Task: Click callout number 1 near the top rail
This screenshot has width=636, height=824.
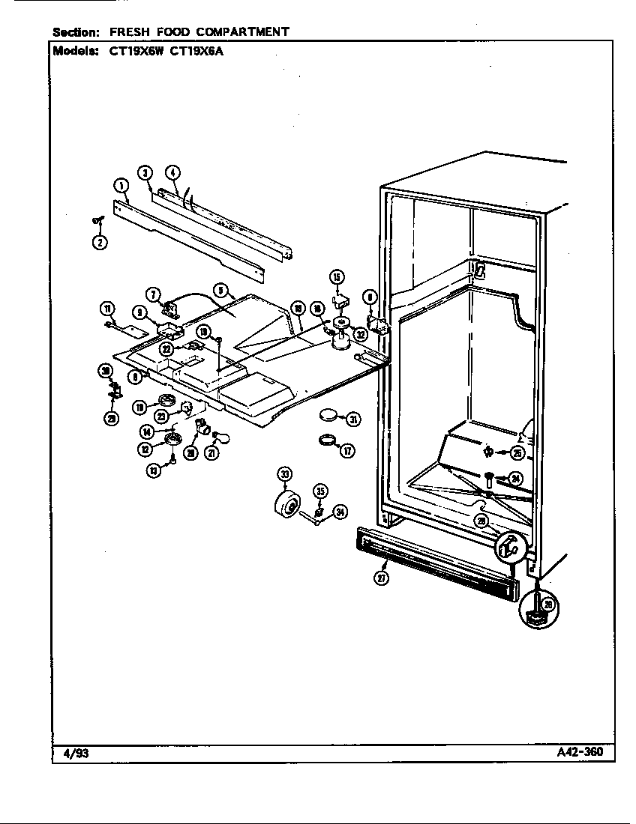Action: click(119, 184)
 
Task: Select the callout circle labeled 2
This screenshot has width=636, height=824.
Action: click(100, 241)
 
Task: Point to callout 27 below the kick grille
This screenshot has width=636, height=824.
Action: click(382, 578)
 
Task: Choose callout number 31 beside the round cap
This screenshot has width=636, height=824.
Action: click(352, 419)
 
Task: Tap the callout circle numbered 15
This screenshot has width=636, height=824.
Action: click(337, 278)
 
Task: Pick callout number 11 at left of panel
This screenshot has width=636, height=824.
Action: click(109, 309)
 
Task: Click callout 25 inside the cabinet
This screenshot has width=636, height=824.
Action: click(517, 452)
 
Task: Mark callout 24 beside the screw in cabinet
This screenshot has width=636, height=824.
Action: click(514, 479)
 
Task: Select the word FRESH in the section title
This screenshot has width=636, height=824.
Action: click(132, 31)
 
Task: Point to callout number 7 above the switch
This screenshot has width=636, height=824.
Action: click(152, 294)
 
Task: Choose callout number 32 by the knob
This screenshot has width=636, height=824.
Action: click(360, 334)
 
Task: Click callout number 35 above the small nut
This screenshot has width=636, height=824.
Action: click(320, 491)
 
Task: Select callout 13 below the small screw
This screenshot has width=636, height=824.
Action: click(154, 470)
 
